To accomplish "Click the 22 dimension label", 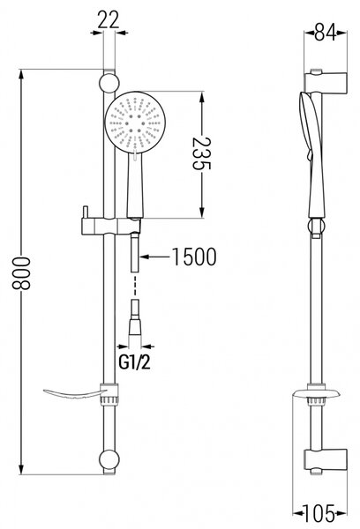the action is point(109,19).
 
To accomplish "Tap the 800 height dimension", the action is point(21,273).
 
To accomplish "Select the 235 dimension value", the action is point(201,153).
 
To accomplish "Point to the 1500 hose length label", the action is point(194,257).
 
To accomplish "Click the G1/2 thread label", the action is point(134,362).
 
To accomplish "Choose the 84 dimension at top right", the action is point(326,33).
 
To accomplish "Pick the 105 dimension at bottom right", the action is point(319,513).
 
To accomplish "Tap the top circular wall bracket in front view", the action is point(109,83).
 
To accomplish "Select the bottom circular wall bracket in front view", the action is point(109,459).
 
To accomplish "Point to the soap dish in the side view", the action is point(317,394).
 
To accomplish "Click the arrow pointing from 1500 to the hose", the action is point(154,257).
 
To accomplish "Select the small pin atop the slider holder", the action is point(85,212).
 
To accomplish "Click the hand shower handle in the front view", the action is point(135,184).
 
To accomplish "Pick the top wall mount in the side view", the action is point(326,83).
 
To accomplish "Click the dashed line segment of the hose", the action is point(135,287).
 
